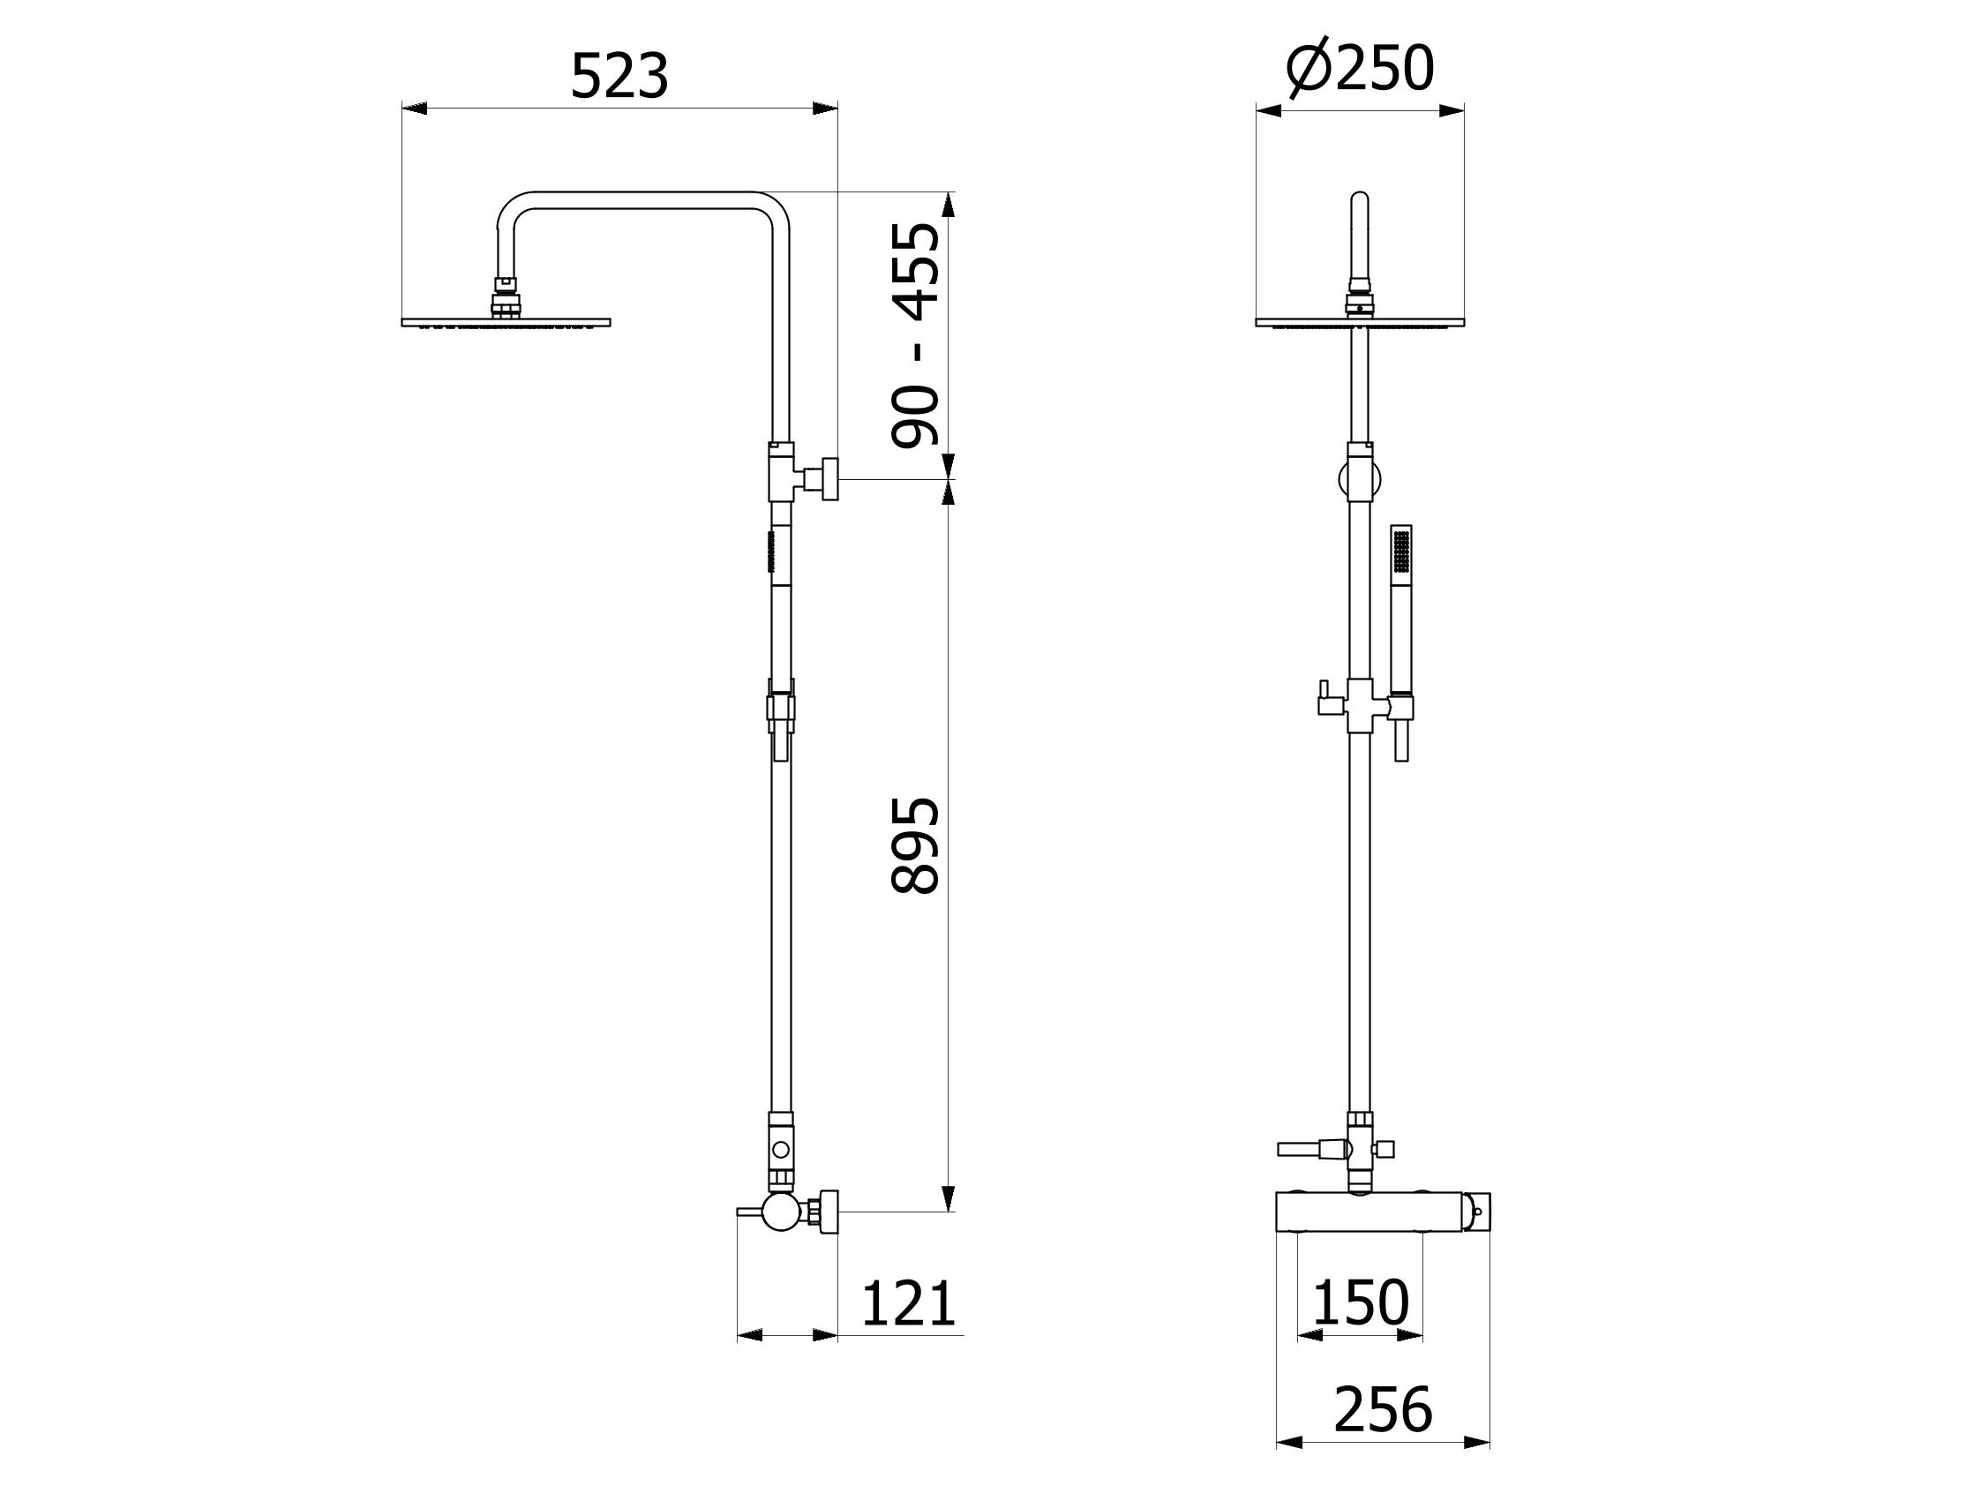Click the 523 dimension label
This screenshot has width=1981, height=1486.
[619, 77]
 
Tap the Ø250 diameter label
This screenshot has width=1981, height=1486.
[1361, 68]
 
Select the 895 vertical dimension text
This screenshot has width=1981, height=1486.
[915, 845]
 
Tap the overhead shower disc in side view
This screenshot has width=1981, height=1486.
[506, 321]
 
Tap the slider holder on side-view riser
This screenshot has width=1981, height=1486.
[781, 712]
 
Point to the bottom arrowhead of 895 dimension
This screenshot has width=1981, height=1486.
[949, 1198]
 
